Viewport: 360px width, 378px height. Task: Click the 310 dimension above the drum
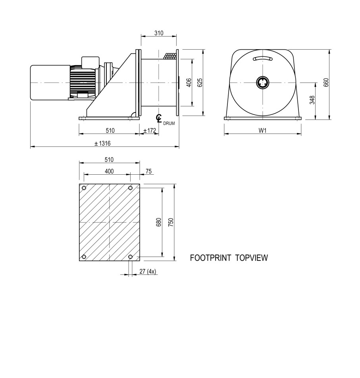[159, 33]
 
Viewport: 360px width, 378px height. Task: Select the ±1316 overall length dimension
[103, 143]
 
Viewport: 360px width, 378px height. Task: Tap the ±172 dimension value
[150, 131]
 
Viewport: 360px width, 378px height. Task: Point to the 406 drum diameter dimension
[189, 83]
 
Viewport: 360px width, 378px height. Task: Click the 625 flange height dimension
[200, 83]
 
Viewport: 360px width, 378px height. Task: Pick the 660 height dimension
[326, 83]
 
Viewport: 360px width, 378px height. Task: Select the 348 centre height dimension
[312, 100]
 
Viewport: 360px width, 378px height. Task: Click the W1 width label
[262, 131]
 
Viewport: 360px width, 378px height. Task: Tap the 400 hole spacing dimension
[109, 172]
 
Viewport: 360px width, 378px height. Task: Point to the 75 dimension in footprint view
[149, 172]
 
